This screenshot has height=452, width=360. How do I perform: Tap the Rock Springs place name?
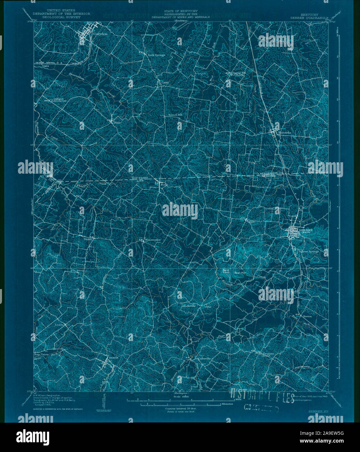click(157, 55)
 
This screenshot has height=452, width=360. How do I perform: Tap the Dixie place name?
click(118, 123)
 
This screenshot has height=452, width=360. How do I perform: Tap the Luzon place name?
click(59, 325)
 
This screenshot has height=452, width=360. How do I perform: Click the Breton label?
click(307, 316)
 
